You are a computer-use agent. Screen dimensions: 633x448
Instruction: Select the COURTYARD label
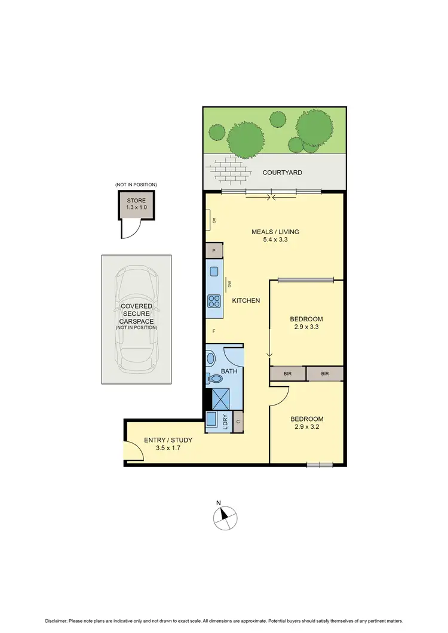click(x=283, y=173)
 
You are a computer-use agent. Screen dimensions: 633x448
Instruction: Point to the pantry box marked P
click(x=214, y=251)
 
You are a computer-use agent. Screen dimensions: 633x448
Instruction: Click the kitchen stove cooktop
click(x=214, y=300)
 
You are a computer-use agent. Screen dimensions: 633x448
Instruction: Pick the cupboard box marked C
click(x=238, y=422)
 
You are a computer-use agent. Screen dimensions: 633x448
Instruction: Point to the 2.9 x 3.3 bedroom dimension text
click(x=306, y=327)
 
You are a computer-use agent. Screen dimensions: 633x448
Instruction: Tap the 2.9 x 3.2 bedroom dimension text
click(x=306, y=428)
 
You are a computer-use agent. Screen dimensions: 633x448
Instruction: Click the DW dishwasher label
click(x=228, y=284)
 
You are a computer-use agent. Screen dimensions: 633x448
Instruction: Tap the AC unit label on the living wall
click(x=213, y=221)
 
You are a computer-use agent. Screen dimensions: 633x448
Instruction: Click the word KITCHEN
click(x=246, y=300)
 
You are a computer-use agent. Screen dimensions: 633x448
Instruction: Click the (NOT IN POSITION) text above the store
click(x=136, y=185)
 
